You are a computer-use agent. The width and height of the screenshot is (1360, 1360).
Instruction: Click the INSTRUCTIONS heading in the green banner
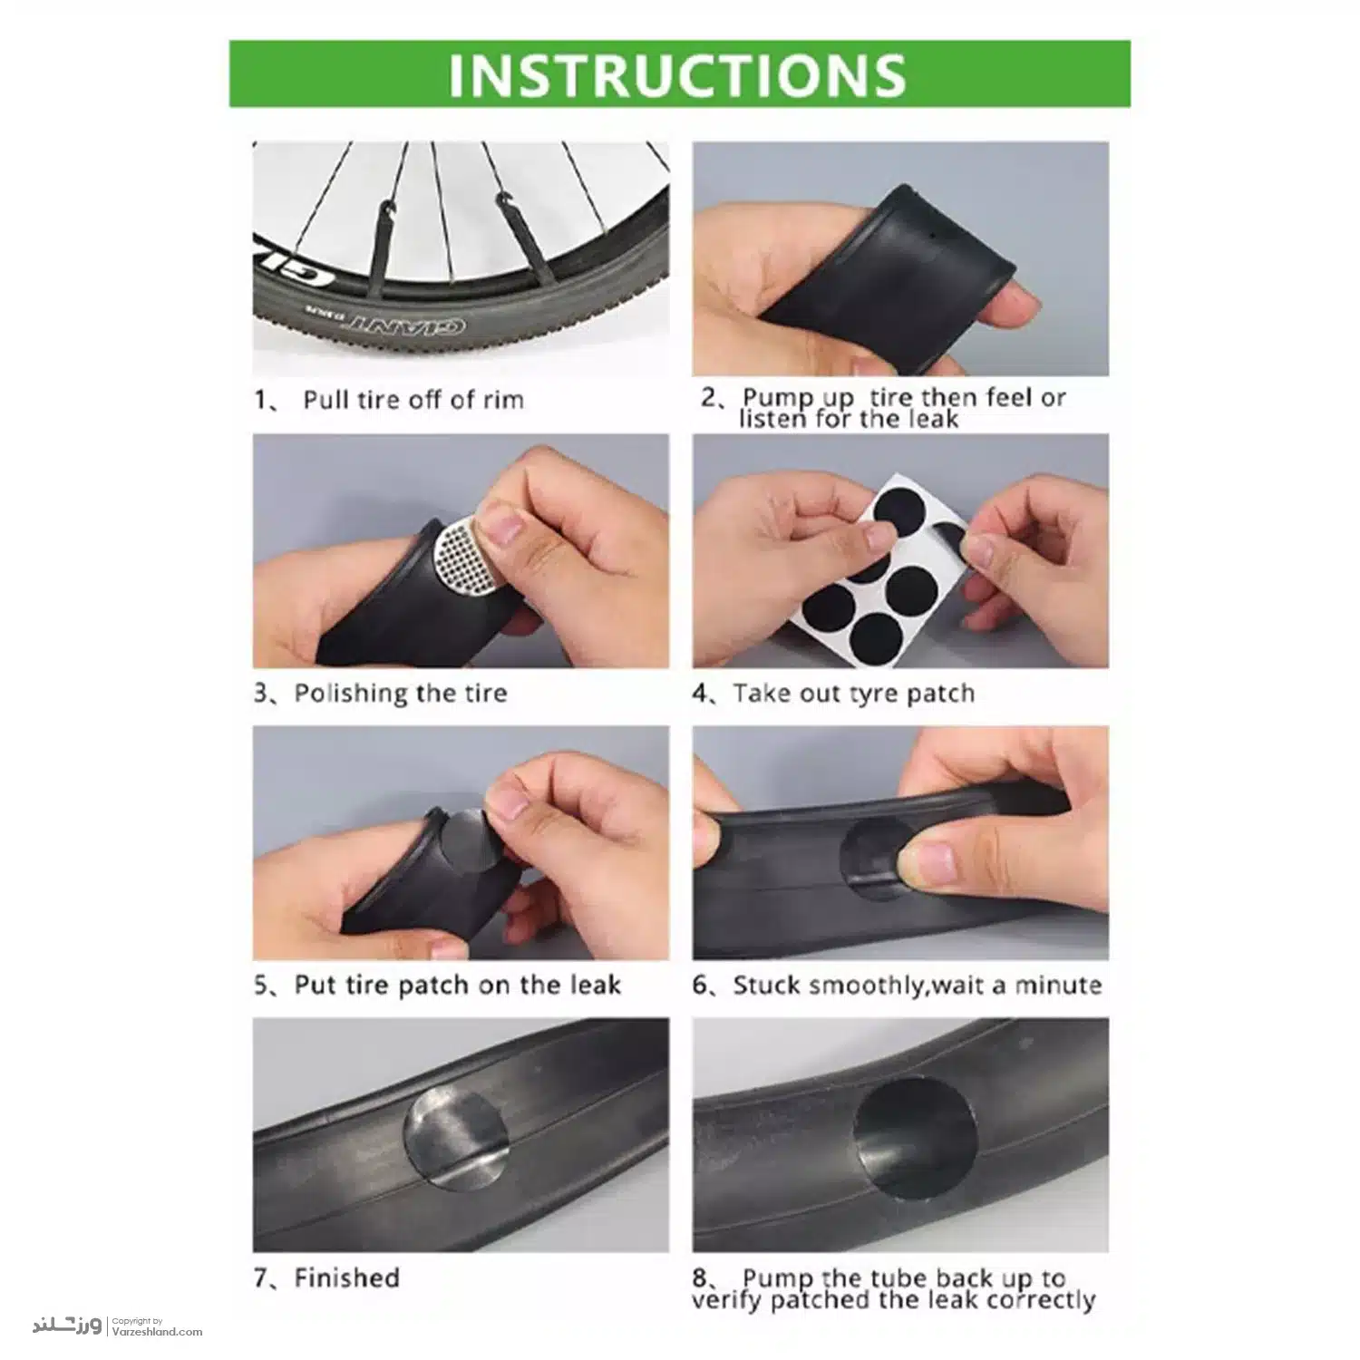[677, 73]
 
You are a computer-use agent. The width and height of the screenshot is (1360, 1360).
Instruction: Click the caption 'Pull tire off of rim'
[413, 400]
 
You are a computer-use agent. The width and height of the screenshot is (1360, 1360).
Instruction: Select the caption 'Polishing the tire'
[400, 694]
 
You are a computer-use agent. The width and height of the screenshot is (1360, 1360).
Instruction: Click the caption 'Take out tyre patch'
[854, 694]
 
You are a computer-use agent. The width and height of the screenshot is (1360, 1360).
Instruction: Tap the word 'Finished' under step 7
[346, 1278]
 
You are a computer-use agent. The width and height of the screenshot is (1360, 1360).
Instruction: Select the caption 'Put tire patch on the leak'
[457, 986]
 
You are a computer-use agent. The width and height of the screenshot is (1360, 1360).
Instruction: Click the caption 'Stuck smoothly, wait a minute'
[918, 986]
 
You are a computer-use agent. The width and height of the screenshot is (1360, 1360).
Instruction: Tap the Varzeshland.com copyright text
[157, 1326]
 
